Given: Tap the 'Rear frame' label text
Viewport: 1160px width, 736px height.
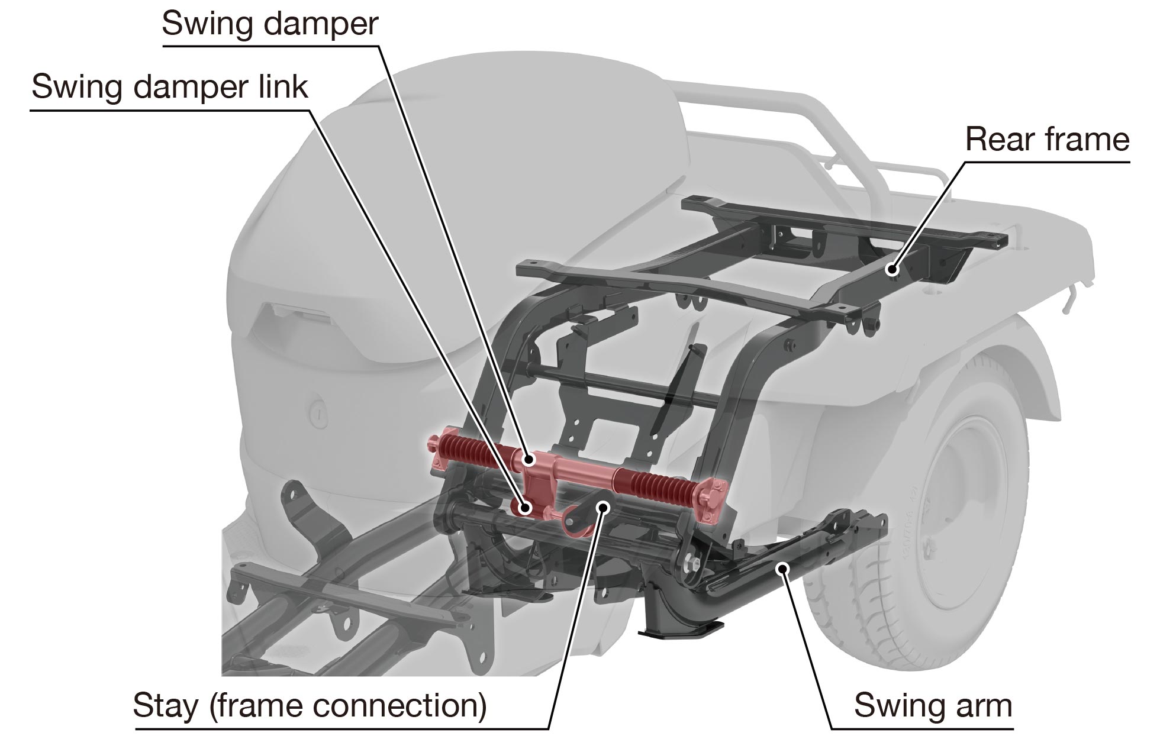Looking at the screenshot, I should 1047,140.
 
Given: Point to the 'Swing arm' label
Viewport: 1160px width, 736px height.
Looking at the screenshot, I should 933,706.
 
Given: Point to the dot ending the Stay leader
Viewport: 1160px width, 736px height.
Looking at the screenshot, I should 603,506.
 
